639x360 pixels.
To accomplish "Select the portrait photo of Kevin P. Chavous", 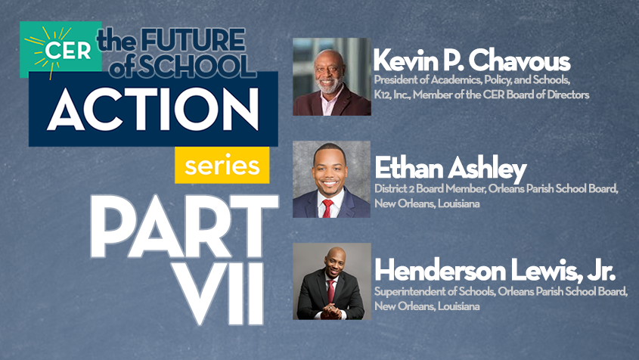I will pyautogui.click(x=331, y=76).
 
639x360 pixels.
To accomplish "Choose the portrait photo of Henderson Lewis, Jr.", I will pyautogui.click(x=331, y=281).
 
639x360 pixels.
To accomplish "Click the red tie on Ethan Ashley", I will pyautogui.click(x=328, y=206).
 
